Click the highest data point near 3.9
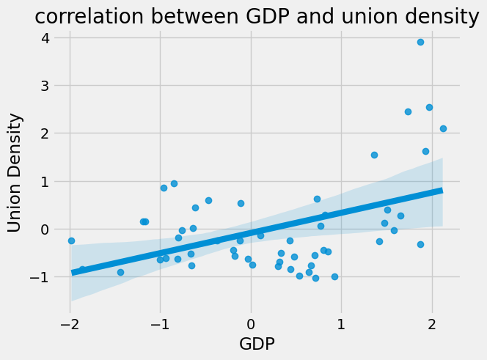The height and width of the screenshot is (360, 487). coord(420,42)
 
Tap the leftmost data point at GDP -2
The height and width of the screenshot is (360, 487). coord(71,240)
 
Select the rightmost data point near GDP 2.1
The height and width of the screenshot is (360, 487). coord(443,128)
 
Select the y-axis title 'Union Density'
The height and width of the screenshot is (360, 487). coord(15,172)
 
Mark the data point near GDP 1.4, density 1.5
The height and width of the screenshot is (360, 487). coord(374,155)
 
